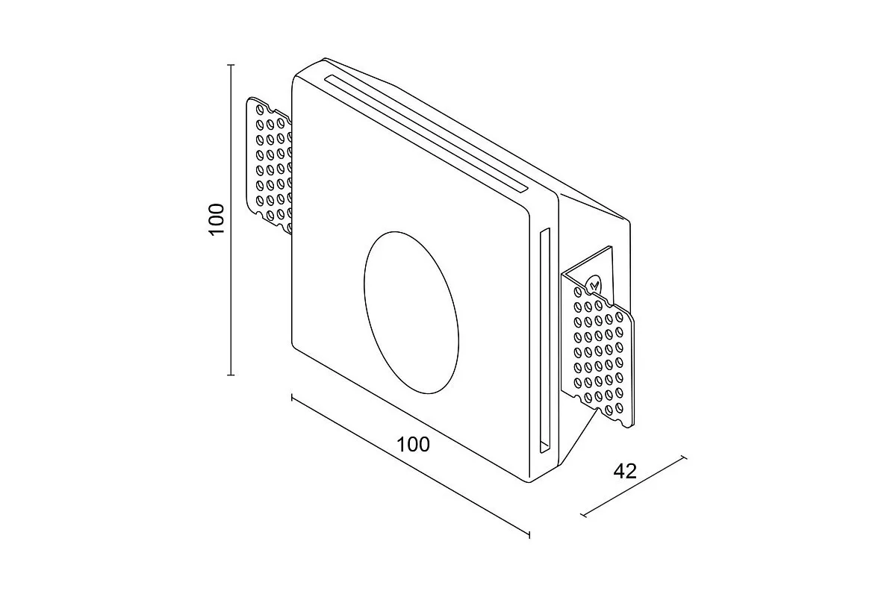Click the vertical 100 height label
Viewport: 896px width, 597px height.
pyautogui.click(x=217, y=219)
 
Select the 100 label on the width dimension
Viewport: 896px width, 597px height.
pyautogui.click(x=413, y=445)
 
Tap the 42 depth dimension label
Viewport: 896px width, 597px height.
pyautogui.click(x=625, y=472)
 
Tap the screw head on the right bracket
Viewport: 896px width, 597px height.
pyautogui.click(x=594, y=285)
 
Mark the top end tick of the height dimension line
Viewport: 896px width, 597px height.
pyautogui.click(x=231, y=66)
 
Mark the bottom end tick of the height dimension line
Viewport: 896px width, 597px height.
pyautogui.click(x=231, y=375)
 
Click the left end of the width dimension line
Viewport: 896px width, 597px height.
pyautogui.click(x=292, y=397)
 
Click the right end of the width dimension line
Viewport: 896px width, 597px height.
pyautogui.click(x=529, y=534)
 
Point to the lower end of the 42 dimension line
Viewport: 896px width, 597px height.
pyautogui.click(x=582, y=515)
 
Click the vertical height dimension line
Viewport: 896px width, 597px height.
pyautogui.click(x=231, y=298)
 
